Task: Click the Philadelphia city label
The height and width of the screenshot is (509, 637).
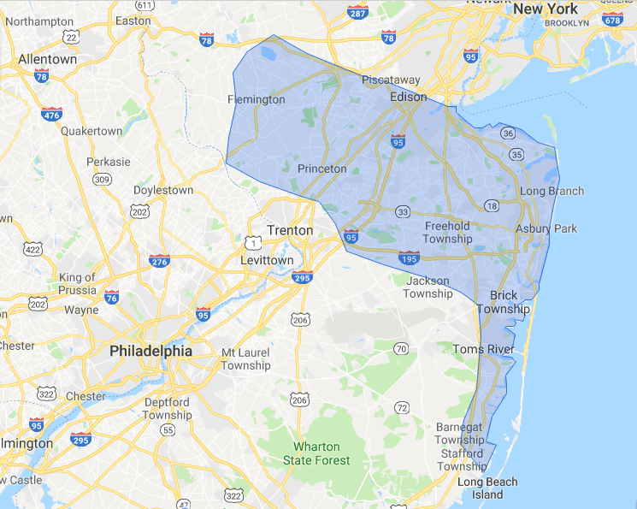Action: pos(150,351)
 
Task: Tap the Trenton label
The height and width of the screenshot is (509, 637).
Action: pos(290,230)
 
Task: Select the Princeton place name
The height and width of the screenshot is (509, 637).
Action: pos(322,169)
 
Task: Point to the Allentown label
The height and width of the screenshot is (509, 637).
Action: pos(47,60)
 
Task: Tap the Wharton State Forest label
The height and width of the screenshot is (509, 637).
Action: pos(316,453)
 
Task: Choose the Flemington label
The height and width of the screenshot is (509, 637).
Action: pos(256,99)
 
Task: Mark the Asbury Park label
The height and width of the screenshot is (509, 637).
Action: pos(546,228)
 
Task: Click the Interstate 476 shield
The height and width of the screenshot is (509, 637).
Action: pos(51,113)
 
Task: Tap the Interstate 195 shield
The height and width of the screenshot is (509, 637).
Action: pos(409,257)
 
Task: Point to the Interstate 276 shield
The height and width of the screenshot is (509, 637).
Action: pos(159,260)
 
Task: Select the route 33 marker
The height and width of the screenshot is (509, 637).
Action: pos(402,210)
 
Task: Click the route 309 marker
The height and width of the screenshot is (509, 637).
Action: pos(103,179)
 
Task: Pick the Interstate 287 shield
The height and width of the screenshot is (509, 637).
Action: pos(359,12)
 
